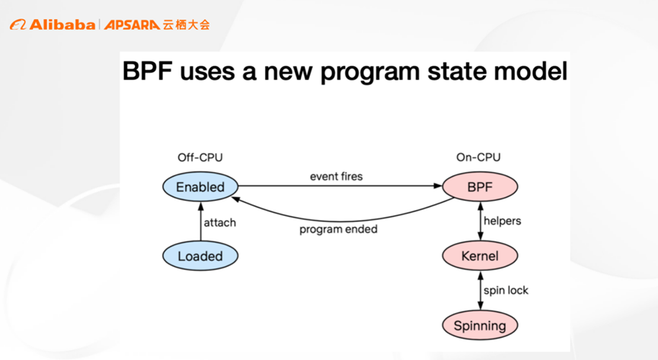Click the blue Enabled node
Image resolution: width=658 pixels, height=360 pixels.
(200, 186)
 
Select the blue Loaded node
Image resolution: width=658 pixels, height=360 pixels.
(200, 256)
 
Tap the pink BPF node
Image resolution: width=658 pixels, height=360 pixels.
(480, 186)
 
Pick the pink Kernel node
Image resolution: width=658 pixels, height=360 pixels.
(480, 256)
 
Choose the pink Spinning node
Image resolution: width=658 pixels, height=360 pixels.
(480, 326)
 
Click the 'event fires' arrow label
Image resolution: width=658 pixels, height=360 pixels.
(336, 176)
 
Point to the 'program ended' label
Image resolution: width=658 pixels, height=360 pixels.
(338, 228)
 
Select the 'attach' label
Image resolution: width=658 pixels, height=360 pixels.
(219, 222)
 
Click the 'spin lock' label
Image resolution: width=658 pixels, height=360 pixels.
(506, 290)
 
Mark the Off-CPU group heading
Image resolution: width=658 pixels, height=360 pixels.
(200, 158)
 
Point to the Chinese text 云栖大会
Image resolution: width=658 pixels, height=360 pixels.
(186, 24)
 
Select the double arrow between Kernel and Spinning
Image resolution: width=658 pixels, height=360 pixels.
(480, 290)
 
